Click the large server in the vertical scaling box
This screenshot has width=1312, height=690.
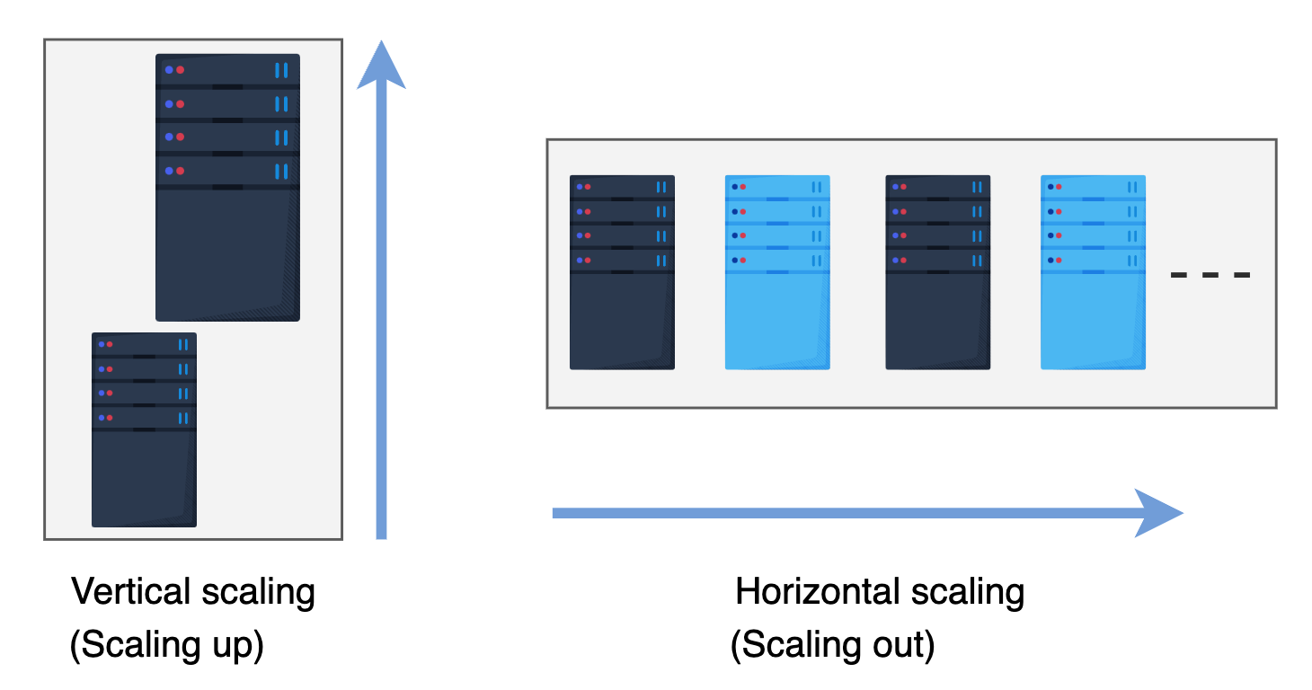(227, 187)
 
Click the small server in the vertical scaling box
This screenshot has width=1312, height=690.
(144, 429)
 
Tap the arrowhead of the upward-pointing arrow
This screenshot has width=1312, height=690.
(381, 67)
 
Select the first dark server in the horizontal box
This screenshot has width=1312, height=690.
(622, 272)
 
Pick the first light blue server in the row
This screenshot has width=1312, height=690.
(777, 272)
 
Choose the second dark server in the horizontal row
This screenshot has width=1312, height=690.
(937, 272)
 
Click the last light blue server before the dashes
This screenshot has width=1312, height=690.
(1093, 272)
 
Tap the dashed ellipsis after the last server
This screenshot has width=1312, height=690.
(1210, 275)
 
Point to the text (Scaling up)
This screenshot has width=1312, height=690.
(167, 646)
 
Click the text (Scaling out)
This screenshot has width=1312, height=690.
(832, 646)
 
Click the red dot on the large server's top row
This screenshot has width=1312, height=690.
(180, 70)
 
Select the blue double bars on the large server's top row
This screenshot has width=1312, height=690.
(281, 70)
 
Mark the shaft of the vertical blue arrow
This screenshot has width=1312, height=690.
(381, 314)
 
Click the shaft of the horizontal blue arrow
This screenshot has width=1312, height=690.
(845, 513)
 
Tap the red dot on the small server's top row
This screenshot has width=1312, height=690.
(109, 344)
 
